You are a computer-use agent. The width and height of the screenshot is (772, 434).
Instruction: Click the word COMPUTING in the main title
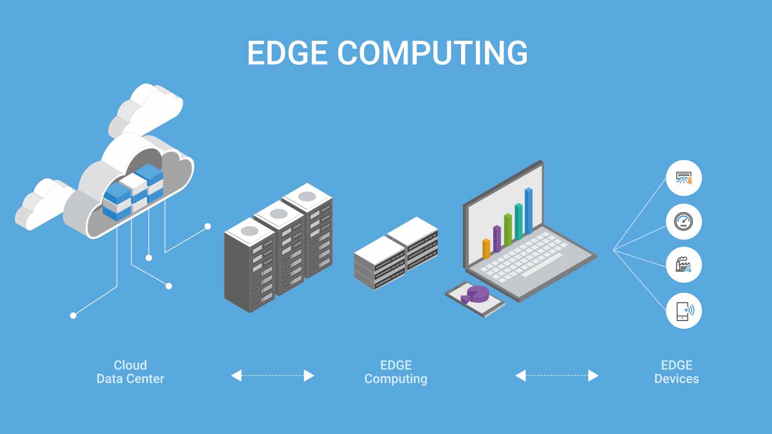[x=432, y=53]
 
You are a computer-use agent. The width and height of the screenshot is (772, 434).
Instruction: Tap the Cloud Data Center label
[x=130, y=372]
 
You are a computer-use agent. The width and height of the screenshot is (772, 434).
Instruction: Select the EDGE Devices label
[x=676, y=372]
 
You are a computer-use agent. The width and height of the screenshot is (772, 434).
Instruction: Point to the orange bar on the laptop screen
[x=486, y=249]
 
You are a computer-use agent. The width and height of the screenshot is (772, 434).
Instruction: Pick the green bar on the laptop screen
[x=508, y=230]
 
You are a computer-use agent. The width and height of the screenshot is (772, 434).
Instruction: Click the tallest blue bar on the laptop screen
[x=529, y=211]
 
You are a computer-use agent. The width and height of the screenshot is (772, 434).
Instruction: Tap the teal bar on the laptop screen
[x=518, y=222]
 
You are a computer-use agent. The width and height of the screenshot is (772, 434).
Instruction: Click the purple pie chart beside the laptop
[x=475, y=295]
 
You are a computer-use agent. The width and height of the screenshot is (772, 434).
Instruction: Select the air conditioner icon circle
[x=684, y=178]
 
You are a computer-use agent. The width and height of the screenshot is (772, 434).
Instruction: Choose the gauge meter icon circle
[x=684, y=221]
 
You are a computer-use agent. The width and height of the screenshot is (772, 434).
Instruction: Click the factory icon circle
[x=684, y=265]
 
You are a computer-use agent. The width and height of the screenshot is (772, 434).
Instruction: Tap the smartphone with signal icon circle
[x=684, y=311]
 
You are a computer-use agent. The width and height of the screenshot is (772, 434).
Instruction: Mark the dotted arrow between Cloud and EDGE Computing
[x=273, y=376]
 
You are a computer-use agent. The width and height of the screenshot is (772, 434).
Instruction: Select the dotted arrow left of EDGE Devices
[x=557, y=376]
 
